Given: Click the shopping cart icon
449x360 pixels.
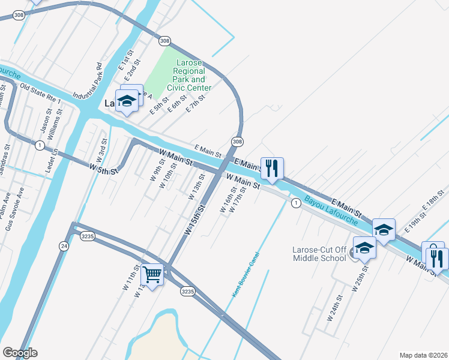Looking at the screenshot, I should point(152,275).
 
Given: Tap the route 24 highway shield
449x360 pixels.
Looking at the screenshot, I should point(64,246).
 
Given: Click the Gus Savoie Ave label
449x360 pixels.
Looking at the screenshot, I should point(16,209).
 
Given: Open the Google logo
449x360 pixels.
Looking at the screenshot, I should point(20,353).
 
